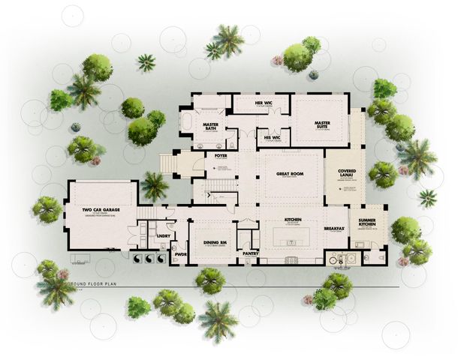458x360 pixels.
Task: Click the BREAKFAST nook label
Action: (335, 228)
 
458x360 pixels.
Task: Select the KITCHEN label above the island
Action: (292, 220)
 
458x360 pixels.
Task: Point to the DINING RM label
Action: (214, 242)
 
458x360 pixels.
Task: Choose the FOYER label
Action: (220, 156)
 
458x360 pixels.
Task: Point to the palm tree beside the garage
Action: (155, 184)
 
